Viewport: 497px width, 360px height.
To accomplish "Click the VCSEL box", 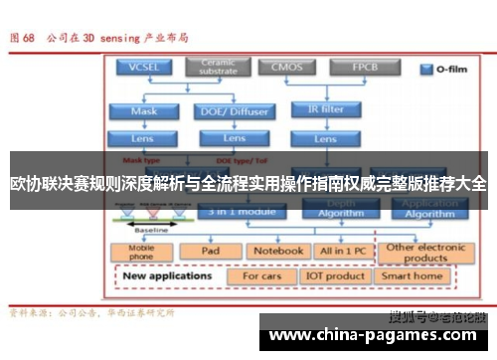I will (144, 68).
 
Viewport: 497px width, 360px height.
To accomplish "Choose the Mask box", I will (144, 110).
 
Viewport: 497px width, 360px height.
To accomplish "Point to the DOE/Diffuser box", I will (235, 110).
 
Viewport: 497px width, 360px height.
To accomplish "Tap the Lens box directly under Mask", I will (144, 138).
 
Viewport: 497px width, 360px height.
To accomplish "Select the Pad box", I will (211, 251).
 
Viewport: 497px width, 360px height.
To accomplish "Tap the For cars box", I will (261, 275).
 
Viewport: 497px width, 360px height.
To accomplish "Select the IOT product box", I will (334, 275).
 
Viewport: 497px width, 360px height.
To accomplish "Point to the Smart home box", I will (413, 275).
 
